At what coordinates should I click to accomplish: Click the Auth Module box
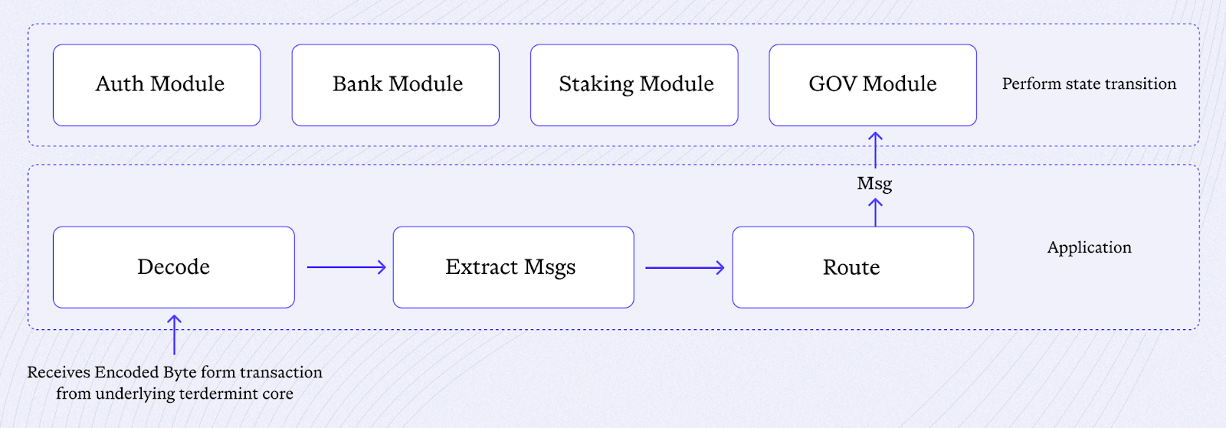click(156, 85)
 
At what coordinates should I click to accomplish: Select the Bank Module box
click(395, 85)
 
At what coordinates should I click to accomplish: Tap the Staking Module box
click(634, 85)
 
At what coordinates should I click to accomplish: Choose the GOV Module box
click(873, 85)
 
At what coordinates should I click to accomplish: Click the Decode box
click(173, 267)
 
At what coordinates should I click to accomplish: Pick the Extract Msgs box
click(513, 267)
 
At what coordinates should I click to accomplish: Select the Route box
click(853, 267)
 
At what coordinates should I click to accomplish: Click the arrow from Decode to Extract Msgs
click(346, 267)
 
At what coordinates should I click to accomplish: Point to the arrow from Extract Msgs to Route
click(685, 268)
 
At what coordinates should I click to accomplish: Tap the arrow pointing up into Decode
click(174, 335)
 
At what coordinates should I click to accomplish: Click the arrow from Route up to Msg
click(875, 212)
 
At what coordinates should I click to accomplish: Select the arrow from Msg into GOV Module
click(875, 150)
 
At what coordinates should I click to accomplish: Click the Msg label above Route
click(874, 184)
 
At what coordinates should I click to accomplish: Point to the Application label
click(1089, 247)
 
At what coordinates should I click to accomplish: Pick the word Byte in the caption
click(179, 373)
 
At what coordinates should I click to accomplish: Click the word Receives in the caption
click(58, 372)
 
